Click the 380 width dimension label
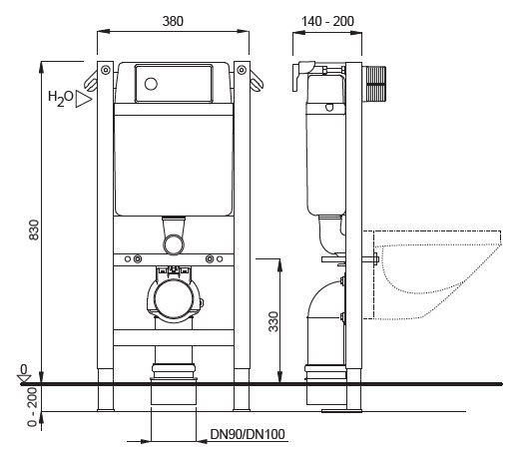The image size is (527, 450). [173, 21]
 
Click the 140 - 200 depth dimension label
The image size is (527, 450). [327, 22]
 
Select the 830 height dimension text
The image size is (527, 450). [34, 229]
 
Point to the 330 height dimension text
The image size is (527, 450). [273, 321]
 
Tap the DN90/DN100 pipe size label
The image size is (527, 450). [248, 434]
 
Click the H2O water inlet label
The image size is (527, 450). [61, 98]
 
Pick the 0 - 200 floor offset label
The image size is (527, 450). [33, 407]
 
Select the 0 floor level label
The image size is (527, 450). [24, 369]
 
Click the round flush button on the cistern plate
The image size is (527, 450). [151, 84]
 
